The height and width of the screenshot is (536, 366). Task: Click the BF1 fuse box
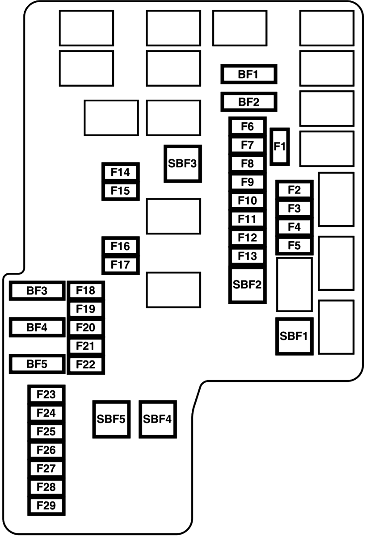point(249,74)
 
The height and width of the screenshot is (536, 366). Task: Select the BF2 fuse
point(249,102)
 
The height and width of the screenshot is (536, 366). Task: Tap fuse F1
point(280,146)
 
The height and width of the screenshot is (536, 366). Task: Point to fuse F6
point(247,127)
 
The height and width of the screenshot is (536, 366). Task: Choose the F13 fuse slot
point(247,256)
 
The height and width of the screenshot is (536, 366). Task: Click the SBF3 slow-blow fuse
point(182,163)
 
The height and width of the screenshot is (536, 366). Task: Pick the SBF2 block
point(247,284)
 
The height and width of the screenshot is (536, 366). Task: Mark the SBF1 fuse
point(294,336)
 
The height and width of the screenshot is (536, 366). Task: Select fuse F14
point(120,172)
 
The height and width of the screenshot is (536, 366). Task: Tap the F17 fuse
point(120,265)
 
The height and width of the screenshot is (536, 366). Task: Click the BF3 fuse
point(37,291)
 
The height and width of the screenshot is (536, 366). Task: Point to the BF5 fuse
point(37,364)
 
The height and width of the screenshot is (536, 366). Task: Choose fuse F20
point(86,327)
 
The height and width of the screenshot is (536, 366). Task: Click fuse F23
point(46,394)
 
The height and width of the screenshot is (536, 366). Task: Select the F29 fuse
point(46,506)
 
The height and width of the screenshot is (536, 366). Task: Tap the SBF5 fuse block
point(110,419)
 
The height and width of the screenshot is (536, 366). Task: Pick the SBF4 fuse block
point(157,419)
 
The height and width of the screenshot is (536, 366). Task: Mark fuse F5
point(294,246)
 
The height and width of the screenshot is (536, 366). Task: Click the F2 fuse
point(294,190)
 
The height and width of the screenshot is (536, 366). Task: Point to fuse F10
point(247,201)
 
